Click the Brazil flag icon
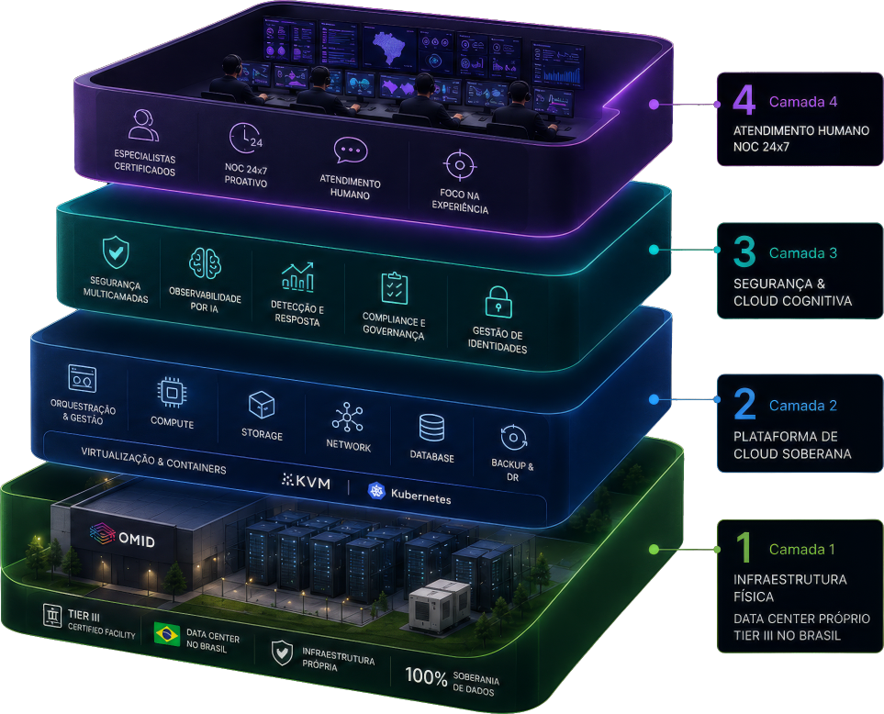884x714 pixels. point(167,633)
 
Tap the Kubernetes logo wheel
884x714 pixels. point(376,491)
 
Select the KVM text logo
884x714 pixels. point(306,481)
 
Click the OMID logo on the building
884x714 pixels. point(122,536)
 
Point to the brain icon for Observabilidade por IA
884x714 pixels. point(205,263)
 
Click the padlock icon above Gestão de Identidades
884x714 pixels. point(498,302)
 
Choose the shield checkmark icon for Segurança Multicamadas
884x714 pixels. point(116,251)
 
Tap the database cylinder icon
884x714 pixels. point(431,428)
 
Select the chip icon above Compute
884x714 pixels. point(172,392)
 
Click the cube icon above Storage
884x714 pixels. point(262,405)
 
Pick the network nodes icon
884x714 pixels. point(347,418)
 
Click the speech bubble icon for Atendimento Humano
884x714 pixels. point(351,150)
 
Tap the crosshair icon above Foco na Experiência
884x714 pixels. point(460,165)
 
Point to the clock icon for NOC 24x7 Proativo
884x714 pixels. point(245,138)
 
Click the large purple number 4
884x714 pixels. point(744,100)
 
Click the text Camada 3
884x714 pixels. point(803,253)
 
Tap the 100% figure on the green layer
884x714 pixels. point(426,675)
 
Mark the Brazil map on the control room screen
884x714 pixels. point(388,49)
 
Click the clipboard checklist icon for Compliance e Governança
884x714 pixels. point(395,288)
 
